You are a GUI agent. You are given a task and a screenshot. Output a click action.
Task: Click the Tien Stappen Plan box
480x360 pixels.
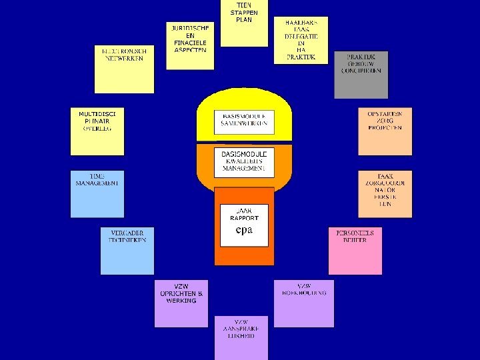click(244, 23)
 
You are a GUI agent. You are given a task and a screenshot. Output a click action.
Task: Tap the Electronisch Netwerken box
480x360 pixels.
click(124, 69)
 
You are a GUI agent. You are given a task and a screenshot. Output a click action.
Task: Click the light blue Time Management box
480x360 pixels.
click(97, 193)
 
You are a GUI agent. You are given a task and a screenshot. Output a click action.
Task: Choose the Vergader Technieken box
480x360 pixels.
click(127, 250)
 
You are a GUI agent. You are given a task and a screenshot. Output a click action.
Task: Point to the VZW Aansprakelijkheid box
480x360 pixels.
click(241, 337)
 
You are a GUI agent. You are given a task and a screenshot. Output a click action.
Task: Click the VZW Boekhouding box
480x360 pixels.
click(304, 303)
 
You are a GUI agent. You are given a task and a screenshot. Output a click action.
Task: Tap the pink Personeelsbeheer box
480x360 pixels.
click(355, 251)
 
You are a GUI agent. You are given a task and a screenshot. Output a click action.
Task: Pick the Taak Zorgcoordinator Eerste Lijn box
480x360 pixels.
click(385, 194)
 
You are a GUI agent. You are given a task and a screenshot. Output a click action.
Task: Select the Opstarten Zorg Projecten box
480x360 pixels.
click(385, 131)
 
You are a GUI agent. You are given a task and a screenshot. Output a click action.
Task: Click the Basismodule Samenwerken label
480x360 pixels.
click(244, 119)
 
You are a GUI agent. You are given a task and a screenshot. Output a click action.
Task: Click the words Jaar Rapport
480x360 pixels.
click(244, 213)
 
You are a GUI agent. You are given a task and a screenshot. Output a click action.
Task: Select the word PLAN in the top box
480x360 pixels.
click(244, 20)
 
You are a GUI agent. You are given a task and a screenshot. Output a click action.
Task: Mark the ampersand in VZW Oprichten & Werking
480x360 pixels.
click(201, 293)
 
